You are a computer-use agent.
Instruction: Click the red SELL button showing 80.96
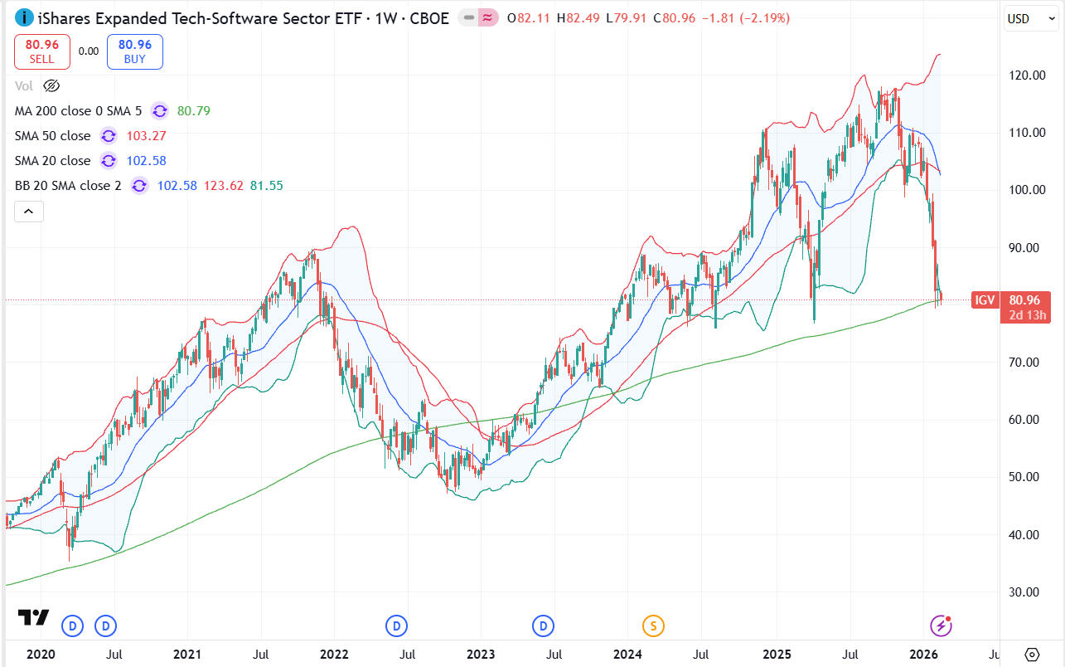(x=41, y=51)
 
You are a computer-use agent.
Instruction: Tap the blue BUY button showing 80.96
(x=134, y=51)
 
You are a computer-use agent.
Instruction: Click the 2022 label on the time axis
(x=333, y=654)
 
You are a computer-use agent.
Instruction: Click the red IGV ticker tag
(x=985, y=300)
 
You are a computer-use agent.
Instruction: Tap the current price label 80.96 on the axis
(x=1026, y=300)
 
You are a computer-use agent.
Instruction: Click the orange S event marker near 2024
(x=653, y=626)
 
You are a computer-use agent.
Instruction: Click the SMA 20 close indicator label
(x=53, y=160)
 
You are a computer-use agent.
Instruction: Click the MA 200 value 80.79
(x=193, y=110)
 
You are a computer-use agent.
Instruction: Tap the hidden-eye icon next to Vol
(x=51, y=85)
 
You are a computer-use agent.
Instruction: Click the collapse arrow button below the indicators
(x=28, y=212)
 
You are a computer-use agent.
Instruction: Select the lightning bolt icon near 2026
(x=940, y=626)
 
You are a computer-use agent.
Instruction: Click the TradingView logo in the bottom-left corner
(x=33, y=618)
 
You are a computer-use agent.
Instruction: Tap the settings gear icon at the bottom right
(x=1032, y=654)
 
